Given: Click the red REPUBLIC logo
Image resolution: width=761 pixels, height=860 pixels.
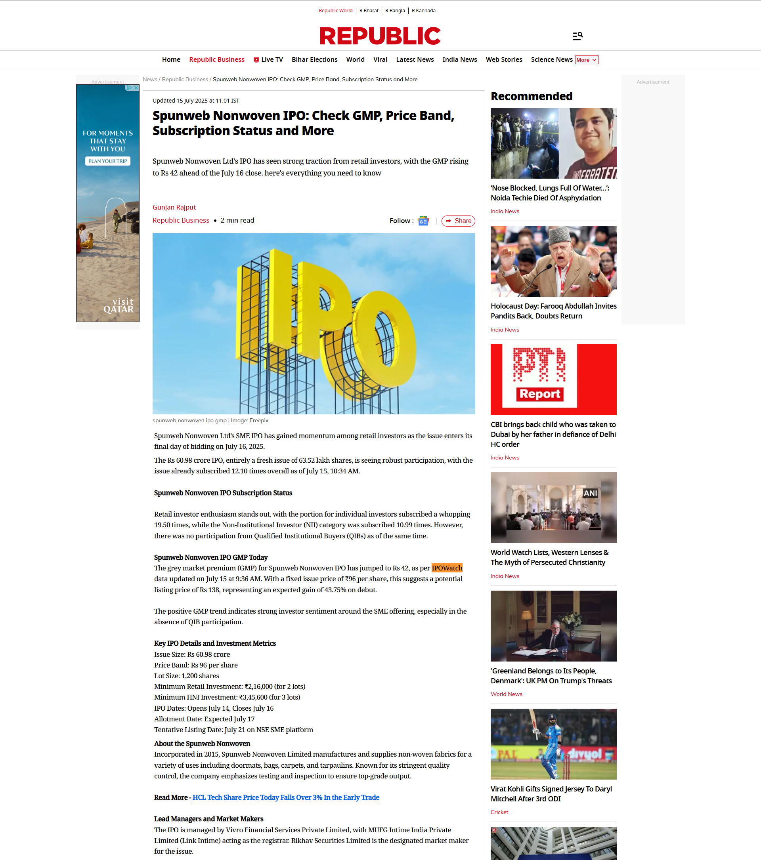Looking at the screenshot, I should coord(380,36).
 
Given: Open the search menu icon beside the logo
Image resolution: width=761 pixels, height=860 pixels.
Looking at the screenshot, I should coord(577,36).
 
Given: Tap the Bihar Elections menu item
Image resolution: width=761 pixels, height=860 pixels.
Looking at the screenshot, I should coord(314,60).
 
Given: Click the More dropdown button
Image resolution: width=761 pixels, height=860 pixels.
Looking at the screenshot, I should coord(587,60).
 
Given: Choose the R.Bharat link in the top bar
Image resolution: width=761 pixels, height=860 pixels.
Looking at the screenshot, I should coord(369,11).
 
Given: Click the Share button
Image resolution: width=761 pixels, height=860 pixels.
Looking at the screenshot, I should coord(458,221).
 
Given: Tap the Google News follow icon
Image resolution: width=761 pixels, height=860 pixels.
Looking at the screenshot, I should coord(423,221).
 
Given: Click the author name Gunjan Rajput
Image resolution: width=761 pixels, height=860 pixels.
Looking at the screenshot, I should coord(174,207).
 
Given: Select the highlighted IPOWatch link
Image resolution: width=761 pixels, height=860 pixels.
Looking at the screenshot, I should coord(447,568).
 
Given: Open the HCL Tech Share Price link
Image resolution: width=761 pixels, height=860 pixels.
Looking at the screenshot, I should coord(286,797).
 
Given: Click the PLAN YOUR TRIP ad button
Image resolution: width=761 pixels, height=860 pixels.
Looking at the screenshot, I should coord(108,161).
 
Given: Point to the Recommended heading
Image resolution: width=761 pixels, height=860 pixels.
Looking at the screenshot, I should coord(531,96).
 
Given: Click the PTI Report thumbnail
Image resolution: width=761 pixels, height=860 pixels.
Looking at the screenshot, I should coord(553,379).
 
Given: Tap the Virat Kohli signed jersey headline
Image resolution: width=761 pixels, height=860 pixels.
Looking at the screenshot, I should coord(551,793).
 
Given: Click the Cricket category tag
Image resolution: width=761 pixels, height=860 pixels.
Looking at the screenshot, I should coord(499,812).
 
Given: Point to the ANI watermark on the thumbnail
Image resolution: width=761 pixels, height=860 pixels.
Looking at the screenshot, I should coord(590,493).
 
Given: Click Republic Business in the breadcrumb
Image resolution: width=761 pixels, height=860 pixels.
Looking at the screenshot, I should coord(185,80).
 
